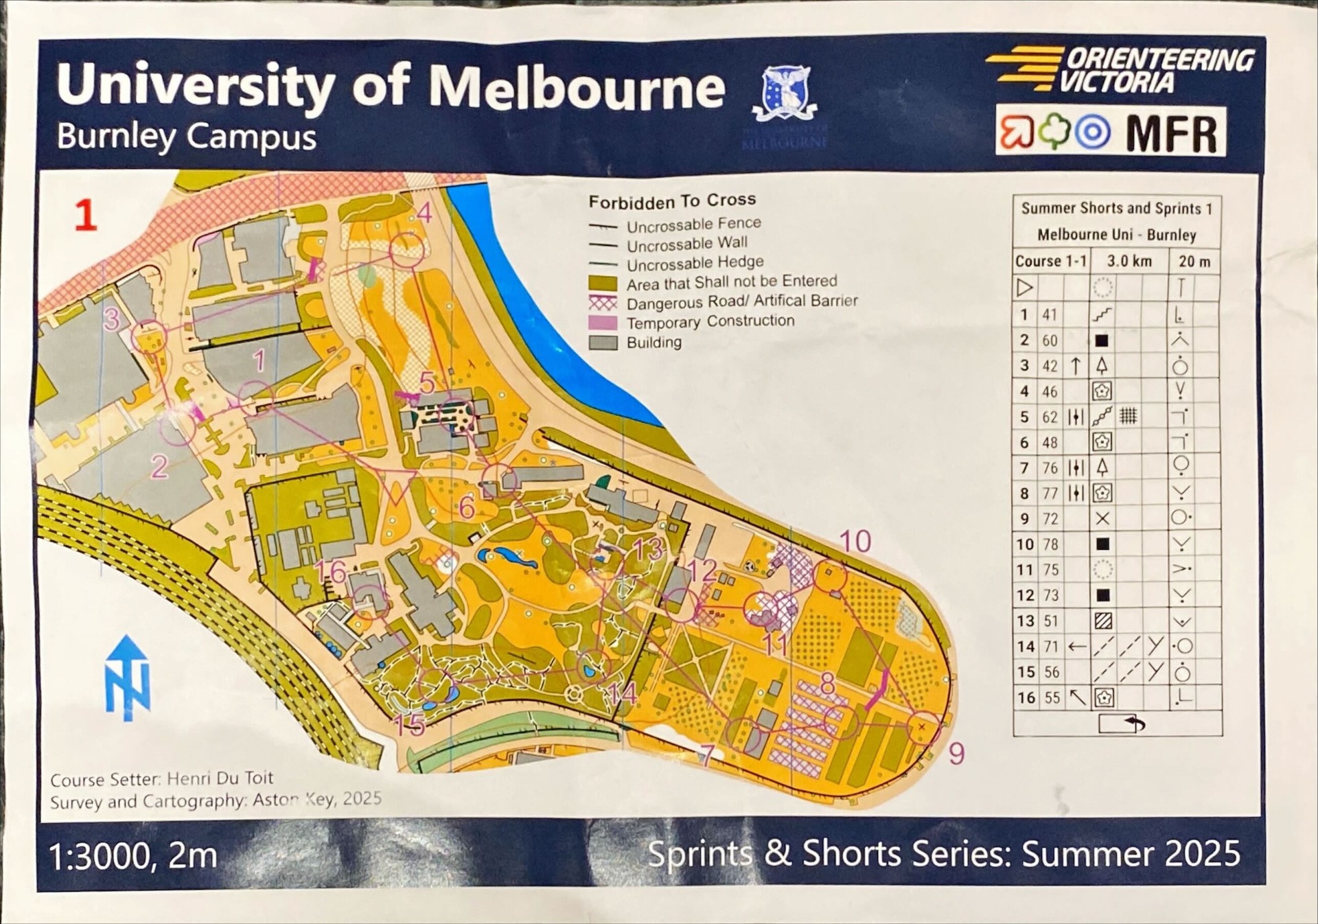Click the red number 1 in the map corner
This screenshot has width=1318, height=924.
tap(85, 215)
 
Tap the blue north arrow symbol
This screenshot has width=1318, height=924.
tap(128, 678)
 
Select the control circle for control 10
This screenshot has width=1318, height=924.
tap(830, 576)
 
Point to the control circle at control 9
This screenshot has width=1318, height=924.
tap(922, 726)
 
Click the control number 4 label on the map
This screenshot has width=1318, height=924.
tap(424, 213)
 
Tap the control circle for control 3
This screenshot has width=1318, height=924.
tap(149, 337)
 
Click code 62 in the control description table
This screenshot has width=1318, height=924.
tap(1050, 417)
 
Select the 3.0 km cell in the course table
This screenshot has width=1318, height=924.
tap(1129, 261)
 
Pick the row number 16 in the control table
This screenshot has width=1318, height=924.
tap(1026, 697)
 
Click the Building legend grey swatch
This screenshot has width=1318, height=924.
tap(603, 343)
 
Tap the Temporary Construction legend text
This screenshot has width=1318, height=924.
tap(710, 321)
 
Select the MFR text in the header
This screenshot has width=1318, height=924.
tap(1171, 132)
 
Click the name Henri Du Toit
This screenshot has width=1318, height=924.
tap(220, 778)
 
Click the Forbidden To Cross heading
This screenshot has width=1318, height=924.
tap(672, 201)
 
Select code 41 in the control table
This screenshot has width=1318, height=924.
tap(1050, 315)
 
